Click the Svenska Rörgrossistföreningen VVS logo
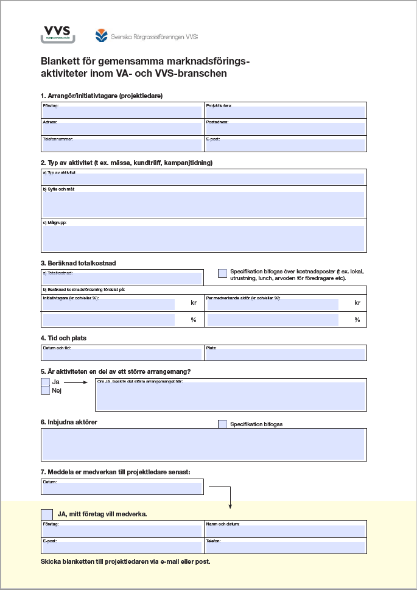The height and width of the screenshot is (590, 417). (x=147, y=36)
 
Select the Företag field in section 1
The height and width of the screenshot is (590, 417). (x=122, y=112)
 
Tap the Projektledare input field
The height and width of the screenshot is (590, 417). (x=286, y=112)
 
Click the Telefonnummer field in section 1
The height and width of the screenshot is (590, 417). (x=122, y=145)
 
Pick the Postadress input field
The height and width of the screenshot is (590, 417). (x=286, y=128)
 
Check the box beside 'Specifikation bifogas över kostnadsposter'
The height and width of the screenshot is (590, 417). (x=223, y=273)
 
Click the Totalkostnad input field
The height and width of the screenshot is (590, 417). (x=122, y=278)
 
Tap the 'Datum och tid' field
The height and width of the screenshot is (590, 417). (x=122, y=354)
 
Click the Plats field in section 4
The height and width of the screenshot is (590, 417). (x=286, y=354)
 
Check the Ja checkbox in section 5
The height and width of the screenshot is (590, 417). (x=45, y=382)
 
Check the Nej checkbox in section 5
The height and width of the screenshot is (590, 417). (x=45, y=391)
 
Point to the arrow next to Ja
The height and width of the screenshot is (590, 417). (x=75, y=382)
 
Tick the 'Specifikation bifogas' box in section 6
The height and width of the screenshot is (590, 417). (x=223, y=424)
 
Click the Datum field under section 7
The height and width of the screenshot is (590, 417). (x=122, y=488)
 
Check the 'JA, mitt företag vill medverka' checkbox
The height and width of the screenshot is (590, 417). (x=46, y=514)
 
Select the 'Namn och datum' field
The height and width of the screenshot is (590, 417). (x=286, y=531)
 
